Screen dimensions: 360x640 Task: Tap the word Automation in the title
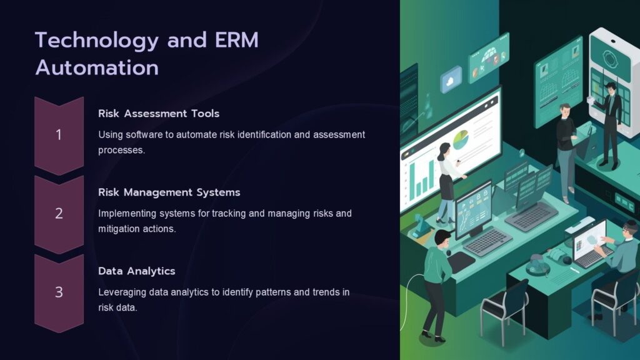tap(97, 67)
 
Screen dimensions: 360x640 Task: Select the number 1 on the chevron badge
tap(59, 134)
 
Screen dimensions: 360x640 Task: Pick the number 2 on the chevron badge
tap(59, 213)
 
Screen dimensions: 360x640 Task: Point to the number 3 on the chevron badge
tap(59, 292)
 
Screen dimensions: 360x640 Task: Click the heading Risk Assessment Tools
tap(159, 114)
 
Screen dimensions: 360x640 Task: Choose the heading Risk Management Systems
tap(169, 192)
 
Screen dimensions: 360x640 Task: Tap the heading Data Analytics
tap(136, 271)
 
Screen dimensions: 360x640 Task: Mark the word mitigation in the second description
tap(120, 229)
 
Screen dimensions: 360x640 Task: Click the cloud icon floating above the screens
tap(451, 80)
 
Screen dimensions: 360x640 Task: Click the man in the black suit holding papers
tap(609, 122)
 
